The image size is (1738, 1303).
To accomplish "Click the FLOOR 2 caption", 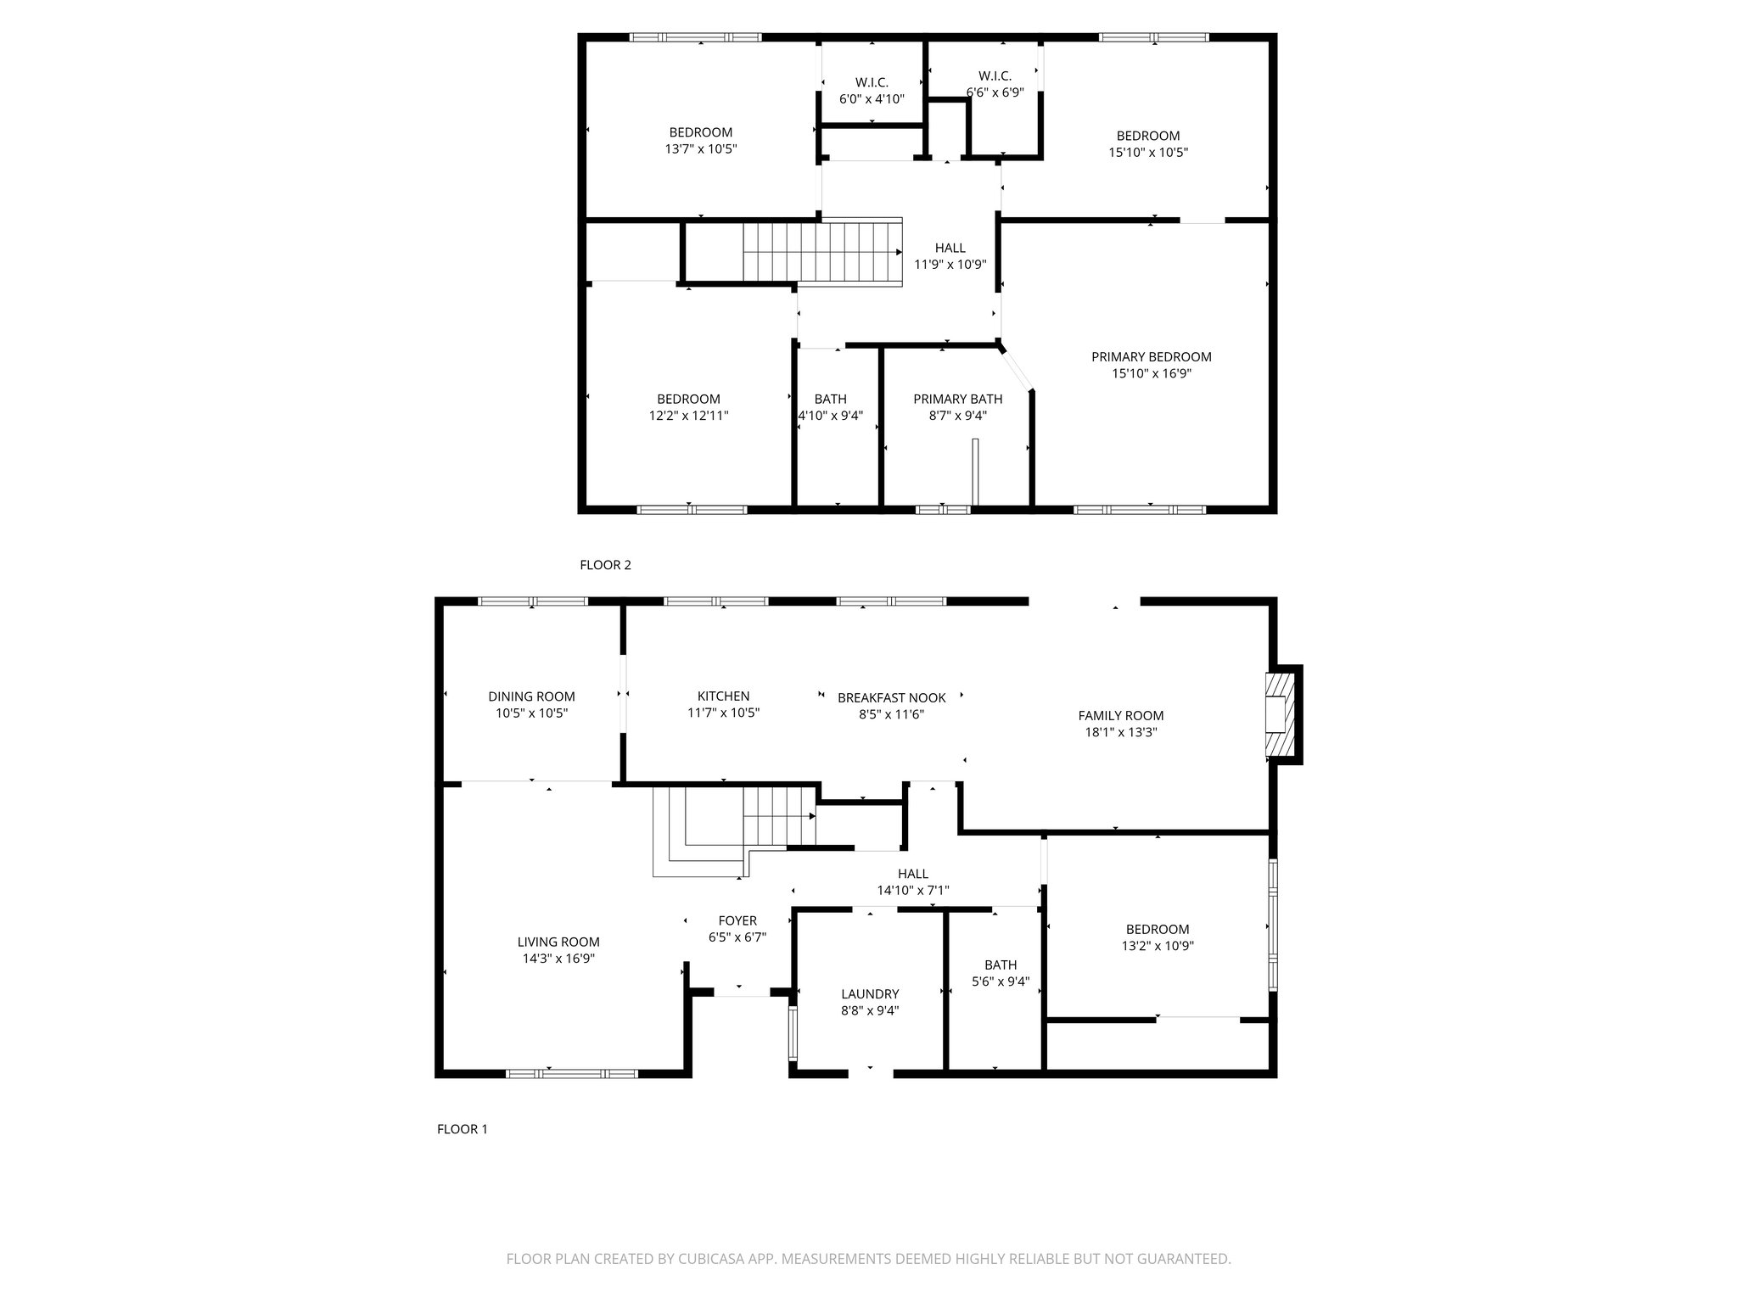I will [605, 565].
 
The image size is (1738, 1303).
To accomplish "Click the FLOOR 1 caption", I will [462, 1129].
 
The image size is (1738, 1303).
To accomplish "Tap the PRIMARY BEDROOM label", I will [1151, 357].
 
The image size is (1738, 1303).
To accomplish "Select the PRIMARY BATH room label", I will [957, 399].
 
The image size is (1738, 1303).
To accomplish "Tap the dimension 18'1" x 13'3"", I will [1120, 732].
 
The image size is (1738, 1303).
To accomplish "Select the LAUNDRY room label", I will [870, 994].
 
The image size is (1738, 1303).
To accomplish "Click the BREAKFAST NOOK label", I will [891, 697].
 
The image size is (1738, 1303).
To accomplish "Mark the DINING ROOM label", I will [531, 696].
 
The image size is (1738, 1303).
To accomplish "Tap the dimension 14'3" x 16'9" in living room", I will [558, 959].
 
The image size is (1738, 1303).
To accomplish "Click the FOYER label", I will [737, 920].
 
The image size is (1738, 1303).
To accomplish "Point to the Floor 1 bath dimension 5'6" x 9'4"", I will [1001, 981].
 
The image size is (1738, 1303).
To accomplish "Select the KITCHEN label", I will [723, 696].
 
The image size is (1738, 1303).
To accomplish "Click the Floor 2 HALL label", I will [950, 248].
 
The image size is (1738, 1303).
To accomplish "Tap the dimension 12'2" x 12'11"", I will [688, 416].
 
